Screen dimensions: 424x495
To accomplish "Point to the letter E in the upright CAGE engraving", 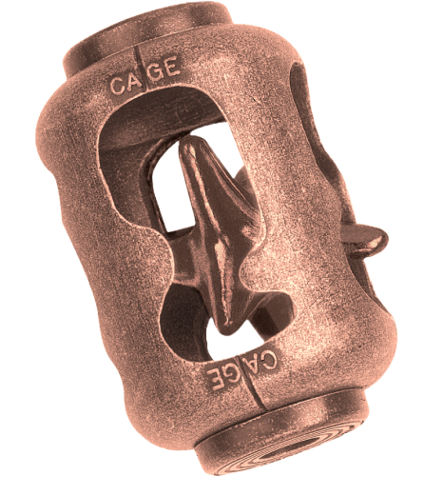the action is pos(171,66).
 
